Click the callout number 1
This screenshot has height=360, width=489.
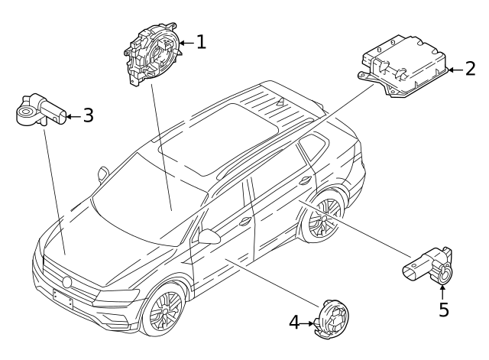(202, 42)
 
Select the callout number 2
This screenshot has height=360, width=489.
(471, 69)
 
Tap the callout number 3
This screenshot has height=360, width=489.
(89, 115)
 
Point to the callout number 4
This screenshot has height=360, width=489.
(294, 323)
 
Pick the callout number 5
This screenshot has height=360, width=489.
(444, 310)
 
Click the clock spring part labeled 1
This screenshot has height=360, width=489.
(153, 53)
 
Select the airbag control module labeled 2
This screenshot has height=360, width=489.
(403, 66)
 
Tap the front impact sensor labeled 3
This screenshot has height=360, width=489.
(40, 110)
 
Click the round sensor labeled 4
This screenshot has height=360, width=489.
(332, 319)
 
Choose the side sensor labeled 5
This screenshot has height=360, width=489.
(428, 266)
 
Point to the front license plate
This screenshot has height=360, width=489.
(63, 299)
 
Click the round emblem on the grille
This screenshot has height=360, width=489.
(67, 282)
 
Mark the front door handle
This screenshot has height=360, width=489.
(245, 221)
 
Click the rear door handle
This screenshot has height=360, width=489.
(305, 180)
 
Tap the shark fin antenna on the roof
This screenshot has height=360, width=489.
(281, 100)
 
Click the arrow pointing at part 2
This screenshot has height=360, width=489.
(455, 70)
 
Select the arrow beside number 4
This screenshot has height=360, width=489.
(307, 323)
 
